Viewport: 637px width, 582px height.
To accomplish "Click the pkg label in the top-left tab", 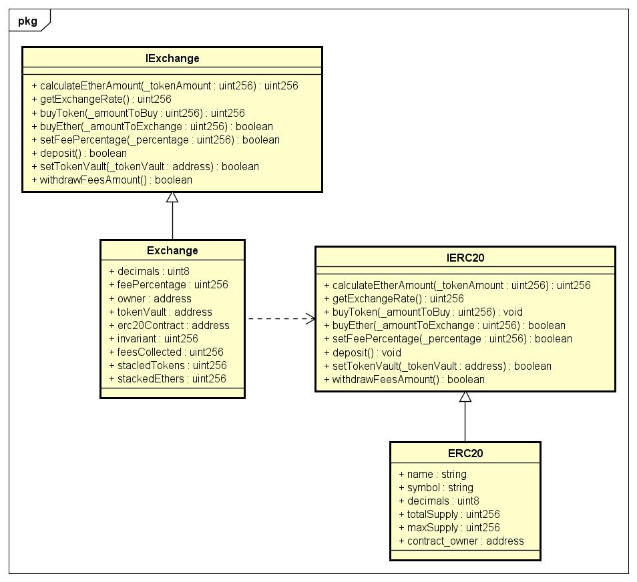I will pos(27,21).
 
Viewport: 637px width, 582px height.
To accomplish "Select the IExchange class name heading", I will pos(172,58).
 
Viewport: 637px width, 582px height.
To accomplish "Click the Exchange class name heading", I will pos(172,250).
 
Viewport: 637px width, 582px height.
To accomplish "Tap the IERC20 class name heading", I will pos(465,257).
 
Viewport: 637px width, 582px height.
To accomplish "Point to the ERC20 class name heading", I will pos(465,453).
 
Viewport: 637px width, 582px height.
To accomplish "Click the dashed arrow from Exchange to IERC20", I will pos(280,319).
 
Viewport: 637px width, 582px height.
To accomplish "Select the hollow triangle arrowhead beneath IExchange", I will pos(172,198).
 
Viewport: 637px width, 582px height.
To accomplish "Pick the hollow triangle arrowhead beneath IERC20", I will pos(465,396).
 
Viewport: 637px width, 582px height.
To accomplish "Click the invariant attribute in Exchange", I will pos(153,338).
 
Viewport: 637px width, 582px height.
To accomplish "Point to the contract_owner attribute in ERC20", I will pos(461,541).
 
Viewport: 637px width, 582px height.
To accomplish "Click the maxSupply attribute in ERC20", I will pos(449,527).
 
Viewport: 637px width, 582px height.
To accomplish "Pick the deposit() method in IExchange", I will pos(79,153).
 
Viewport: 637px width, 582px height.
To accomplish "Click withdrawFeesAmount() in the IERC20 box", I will pos(404,379).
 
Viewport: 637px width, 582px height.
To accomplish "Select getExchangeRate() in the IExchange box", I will pos(101,99).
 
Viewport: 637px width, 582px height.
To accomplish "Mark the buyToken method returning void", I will pos(423,312).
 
